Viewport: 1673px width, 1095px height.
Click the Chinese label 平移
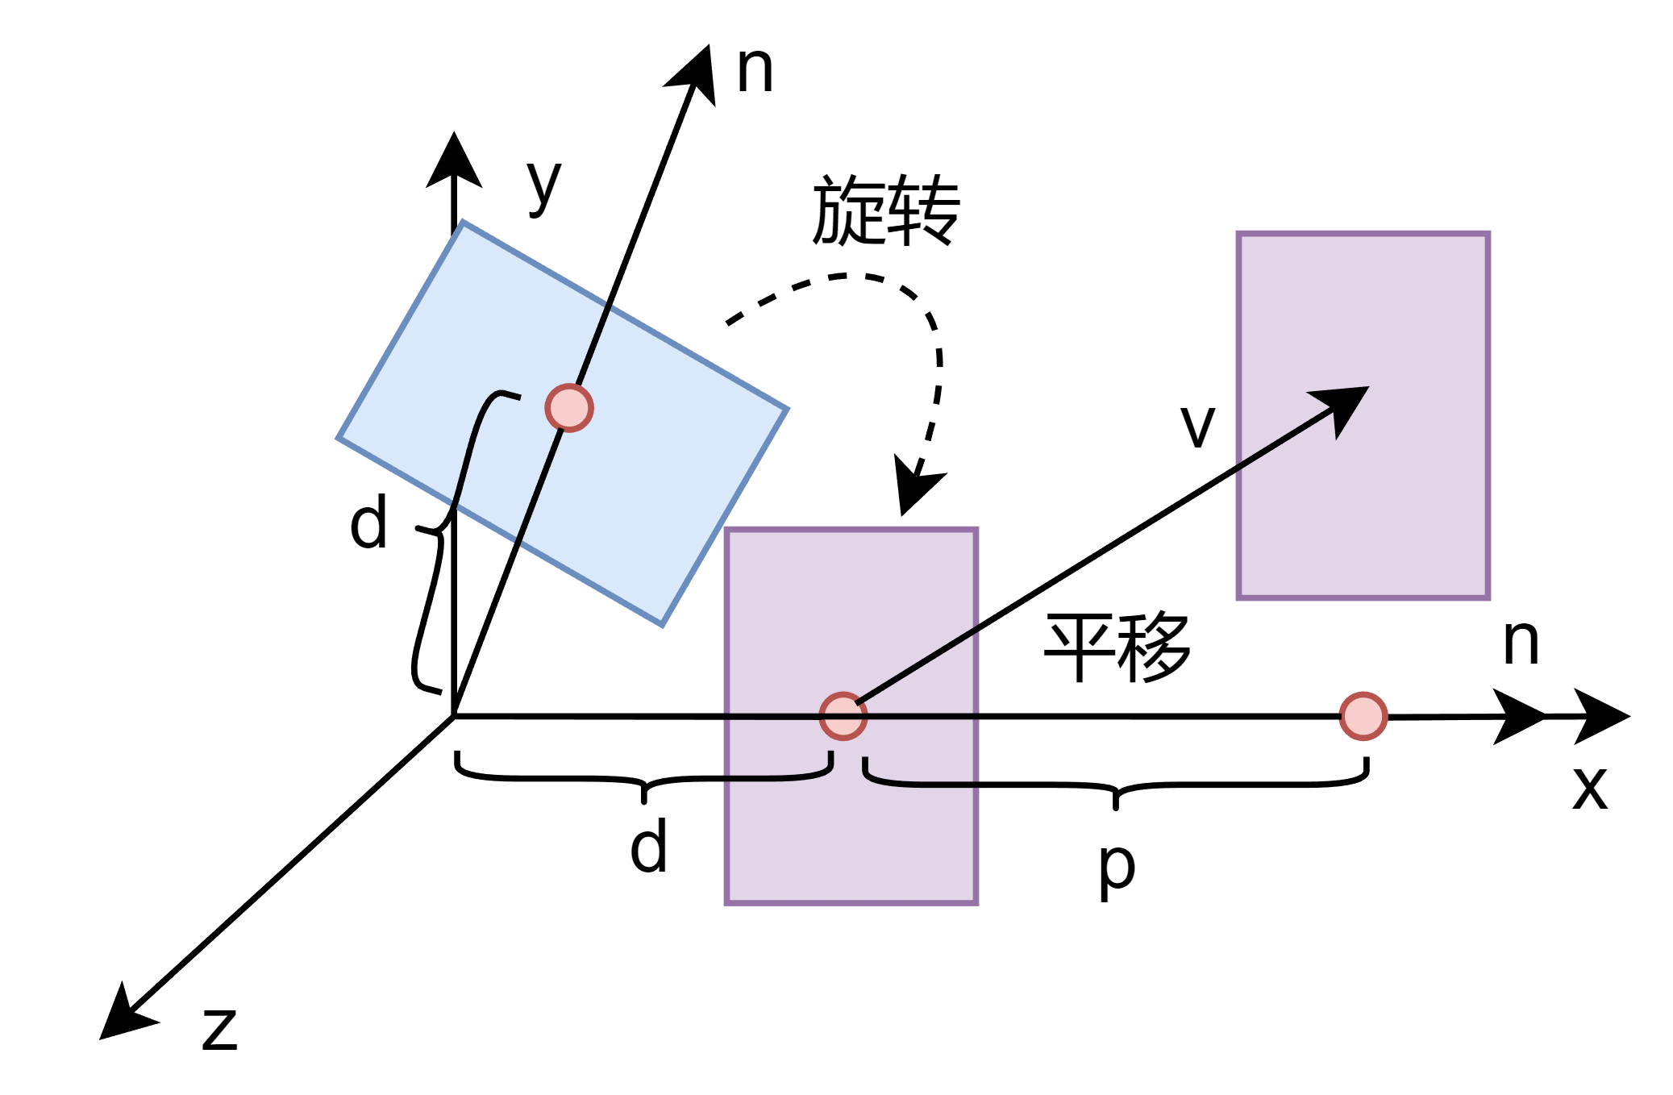1117,647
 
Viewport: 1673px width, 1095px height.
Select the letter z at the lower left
219,1030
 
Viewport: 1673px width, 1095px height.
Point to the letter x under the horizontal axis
1590,788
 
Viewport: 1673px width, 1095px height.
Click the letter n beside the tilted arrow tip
755,71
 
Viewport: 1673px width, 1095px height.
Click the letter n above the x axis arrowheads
1521,643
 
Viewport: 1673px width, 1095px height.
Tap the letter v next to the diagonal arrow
1197,427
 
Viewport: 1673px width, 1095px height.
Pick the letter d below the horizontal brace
648,847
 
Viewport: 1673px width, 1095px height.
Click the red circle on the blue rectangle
569,408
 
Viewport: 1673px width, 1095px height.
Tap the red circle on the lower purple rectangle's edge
843,716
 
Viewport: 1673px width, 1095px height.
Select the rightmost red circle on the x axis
1363,716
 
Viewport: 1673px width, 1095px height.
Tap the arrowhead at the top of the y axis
454,161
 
